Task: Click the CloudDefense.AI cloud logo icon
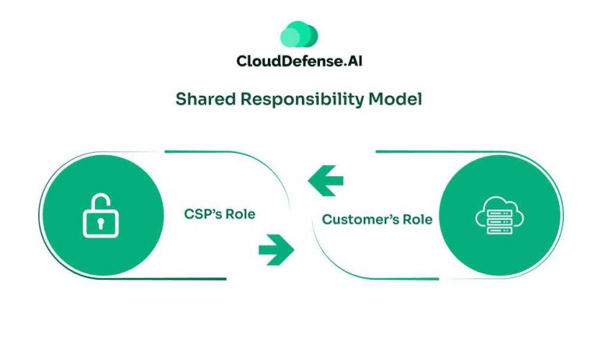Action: (298, 34)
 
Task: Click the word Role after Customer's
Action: (413, 220)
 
